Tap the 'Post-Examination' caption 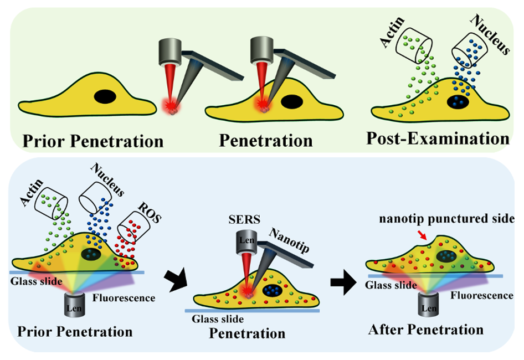(438, 138)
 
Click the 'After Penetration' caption (425, 330)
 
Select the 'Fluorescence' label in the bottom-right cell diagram (481, 295)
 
